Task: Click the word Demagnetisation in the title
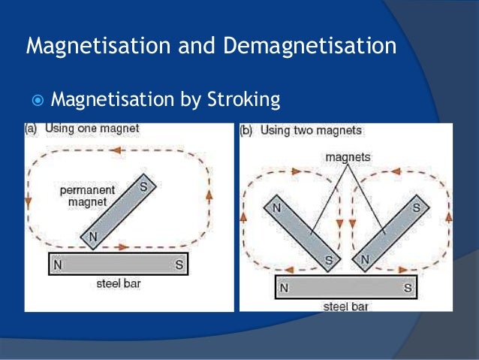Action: coord(310,47)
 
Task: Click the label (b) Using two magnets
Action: coord(300,131)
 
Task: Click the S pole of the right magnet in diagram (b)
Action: coord(415,204)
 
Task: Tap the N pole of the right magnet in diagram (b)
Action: coord(366,260)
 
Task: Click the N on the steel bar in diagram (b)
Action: coord(284,287)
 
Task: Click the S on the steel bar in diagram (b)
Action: coord(408,287)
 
